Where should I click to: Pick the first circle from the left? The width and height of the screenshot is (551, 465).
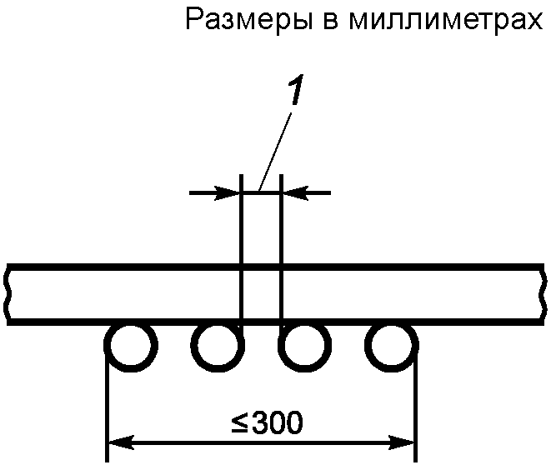pos(130,347)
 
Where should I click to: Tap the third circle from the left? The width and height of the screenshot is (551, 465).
pos(304,347)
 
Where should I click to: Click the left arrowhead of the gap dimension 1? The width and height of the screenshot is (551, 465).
pos(230,193)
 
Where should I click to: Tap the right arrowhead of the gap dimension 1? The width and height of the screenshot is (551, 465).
pos(291,193)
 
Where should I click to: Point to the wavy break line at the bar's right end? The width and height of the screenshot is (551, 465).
pos(544,294)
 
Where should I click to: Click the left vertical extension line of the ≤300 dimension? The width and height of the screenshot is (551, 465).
pos(107,408)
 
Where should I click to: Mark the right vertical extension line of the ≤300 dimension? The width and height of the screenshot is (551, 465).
pos(415,408)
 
